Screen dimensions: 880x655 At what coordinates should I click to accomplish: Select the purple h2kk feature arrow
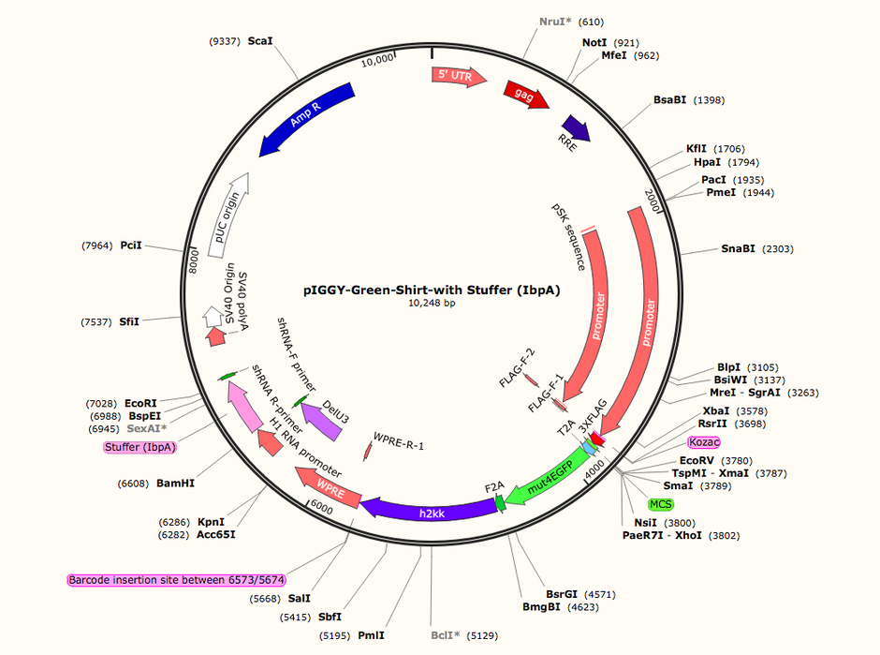point(430,510)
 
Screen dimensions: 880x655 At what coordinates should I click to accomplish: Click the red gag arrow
point(526,95)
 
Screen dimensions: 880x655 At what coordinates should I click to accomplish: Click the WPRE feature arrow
point(329,486)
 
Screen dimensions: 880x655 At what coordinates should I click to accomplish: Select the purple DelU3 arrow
point(322,420)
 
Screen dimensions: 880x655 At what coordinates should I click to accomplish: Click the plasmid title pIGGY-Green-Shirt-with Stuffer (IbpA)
point(432,290)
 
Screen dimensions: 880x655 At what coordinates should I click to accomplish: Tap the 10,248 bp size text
point(432,304)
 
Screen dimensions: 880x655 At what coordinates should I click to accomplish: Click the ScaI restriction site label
point(260,41)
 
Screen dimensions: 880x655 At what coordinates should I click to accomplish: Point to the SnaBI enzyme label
point(738,248)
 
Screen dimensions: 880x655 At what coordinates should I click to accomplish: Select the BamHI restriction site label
point(175,484)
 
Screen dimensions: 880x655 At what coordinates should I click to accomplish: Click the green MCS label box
point(661,504)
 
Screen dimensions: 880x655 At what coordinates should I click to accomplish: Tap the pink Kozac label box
point(704,442)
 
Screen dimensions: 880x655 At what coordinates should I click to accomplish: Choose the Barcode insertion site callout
point(177,580)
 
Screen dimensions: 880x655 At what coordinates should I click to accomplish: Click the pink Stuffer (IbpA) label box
point(140,447)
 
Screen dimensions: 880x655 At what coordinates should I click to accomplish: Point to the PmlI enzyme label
point(371,635)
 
